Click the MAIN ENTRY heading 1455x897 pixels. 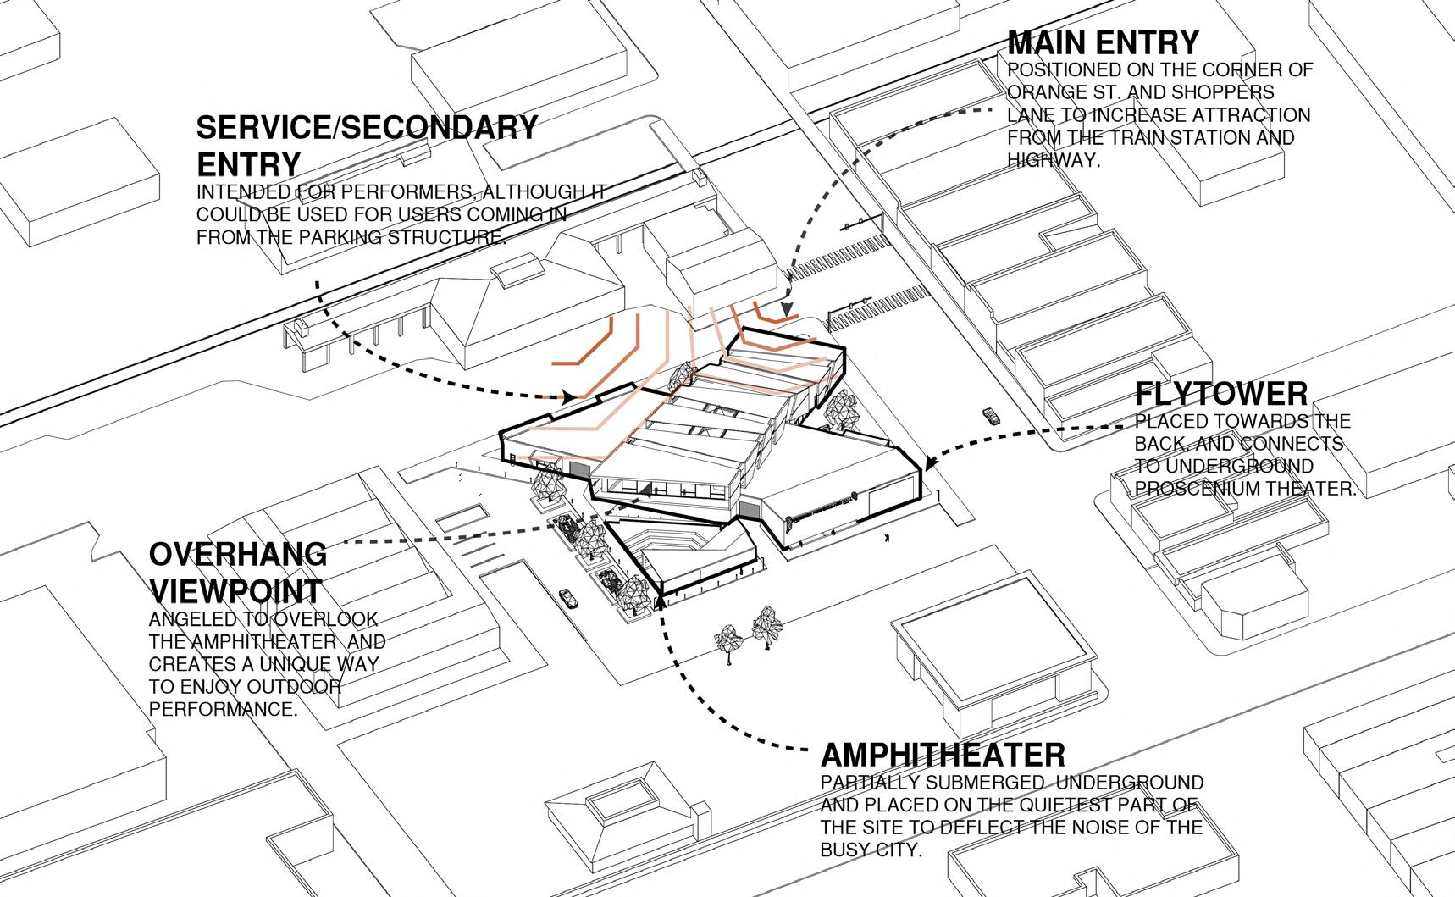coord(1103,42)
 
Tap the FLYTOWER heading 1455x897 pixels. coord(1221,394)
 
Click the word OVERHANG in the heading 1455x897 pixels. coord(238,554)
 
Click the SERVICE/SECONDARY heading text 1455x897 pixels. coord(367,127)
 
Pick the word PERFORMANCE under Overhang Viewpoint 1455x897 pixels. coord(224,708)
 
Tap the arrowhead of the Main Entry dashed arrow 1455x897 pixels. coord(788,312)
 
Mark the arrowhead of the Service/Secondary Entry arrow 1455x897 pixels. coord(570,396)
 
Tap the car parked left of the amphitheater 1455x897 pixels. coord(568,597)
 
